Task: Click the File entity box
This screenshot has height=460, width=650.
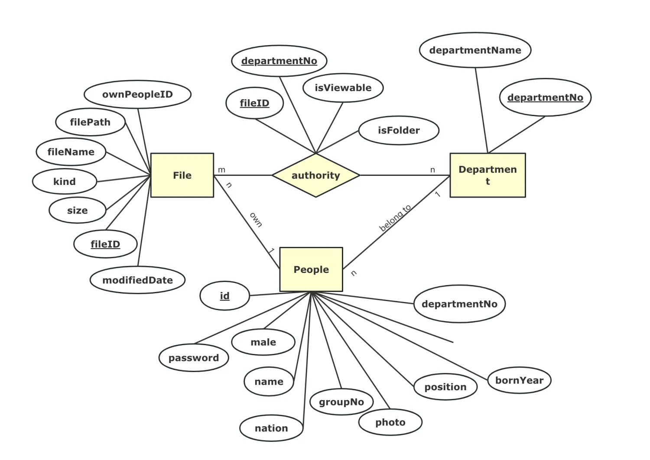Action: tap(182, 175)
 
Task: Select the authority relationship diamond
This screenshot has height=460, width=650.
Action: tap(315, 175)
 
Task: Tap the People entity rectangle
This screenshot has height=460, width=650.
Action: tap(311, 269)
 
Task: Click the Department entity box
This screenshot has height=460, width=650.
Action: tap(487, 175)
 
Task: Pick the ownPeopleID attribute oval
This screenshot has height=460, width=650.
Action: tap(137, 94)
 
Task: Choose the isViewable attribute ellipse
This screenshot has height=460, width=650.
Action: tap(343, 88)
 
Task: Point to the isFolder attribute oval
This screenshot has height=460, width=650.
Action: tap(399, 130)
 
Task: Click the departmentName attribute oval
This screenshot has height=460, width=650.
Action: tap(475, 50)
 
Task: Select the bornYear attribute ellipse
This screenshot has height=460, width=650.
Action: tap(519, 380)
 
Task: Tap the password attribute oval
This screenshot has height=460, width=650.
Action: tap(194, 358)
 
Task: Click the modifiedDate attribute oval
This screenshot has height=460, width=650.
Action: tap(137, 280)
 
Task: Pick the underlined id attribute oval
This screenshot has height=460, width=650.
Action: tap(224, 296)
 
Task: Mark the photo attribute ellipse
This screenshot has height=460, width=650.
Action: tap(390, 422)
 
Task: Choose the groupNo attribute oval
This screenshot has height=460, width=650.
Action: tap(341, 402)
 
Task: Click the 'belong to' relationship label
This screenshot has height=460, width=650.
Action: tap(395, 218)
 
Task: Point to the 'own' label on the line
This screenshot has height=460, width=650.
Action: tap(256, 220)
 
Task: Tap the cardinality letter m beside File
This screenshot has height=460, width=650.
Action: tap(221, 170)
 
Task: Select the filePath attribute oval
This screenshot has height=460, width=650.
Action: tap(90, 122)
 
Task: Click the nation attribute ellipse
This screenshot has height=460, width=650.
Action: tap(271, 428)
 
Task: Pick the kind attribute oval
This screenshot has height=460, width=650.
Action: tap(65, 181)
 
